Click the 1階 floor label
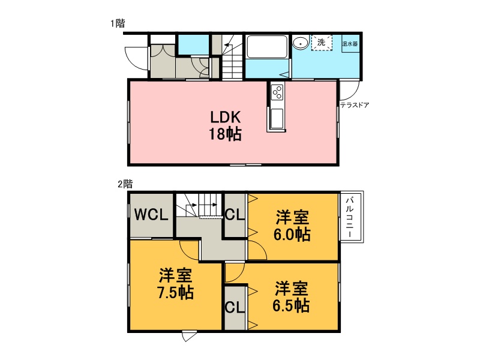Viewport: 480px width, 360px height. (118, 23)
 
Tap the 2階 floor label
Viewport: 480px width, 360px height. (125, 184)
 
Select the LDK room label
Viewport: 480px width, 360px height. (226, 117)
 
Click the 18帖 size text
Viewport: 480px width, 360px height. (226, 134)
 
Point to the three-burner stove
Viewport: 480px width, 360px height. (278, 92)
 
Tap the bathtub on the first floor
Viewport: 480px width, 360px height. (266, 47)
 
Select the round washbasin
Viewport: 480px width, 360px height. (301, 43)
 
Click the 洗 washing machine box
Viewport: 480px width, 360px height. (322, 43)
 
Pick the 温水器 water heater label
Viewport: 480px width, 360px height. (350, 44)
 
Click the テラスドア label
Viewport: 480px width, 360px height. (355, 105)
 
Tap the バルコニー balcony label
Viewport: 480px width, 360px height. (350, 217)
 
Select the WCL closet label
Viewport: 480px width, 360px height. (151, 215)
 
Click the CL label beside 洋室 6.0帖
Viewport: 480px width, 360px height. (235, 215)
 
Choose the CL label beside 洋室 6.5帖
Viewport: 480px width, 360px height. (235, 307)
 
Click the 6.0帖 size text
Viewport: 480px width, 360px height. (292, 235)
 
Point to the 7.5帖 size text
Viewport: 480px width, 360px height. (175, 292)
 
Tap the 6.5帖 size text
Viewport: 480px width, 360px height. (291, 305)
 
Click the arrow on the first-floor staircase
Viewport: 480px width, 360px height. (227, 45)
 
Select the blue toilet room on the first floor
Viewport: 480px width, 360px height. (193, 44)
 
